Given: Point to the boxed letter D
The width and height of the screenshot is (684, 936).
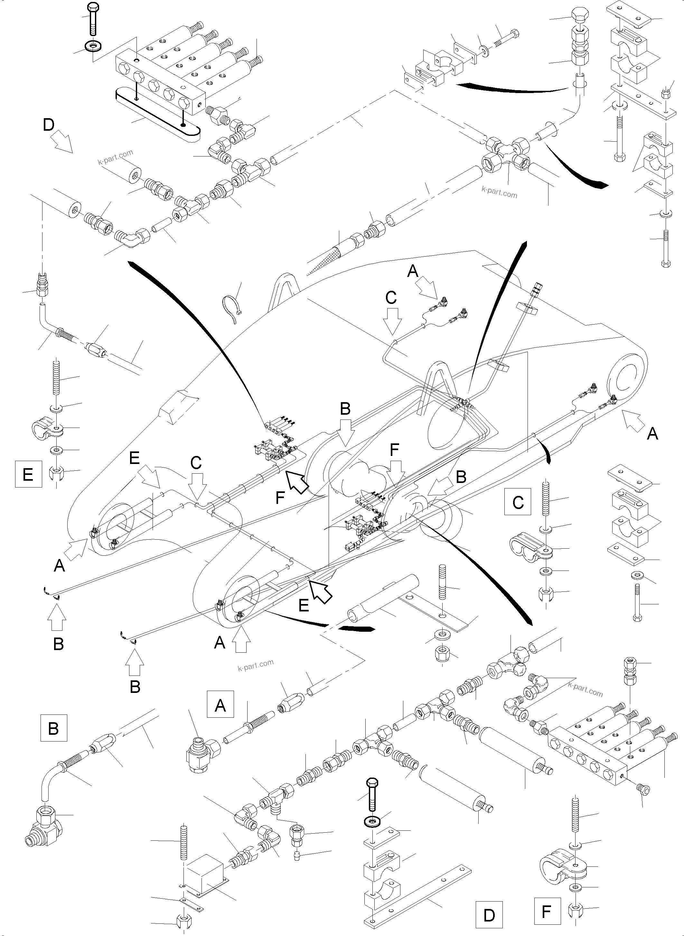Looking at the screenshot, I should coord(489,914).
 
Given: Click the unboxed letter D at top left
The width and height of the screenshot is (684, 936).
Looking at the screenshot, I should coord(48,125).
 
